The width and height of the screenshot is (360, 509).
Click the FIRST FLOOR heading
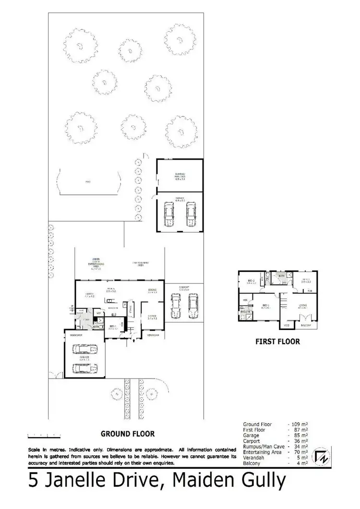click(x=278, y=342)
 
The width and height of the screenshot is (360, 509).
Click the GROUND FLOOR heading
click(x=127, y=433)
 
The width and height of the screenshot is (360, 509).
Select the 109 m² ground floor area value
click(x=298, y=425)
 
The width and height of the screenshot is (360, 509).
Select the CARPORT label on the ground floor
click(x=185, y=288)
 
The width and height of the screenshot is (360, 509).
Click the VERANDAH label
click(x=153, y=335)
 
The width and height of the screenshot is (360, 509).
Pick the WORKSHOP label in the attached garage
click(x=78, y=335)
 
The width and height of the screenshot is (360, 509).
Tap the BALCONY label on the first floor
click(x=306, y=326)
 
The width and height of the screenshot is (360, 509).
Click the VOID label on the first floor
click(x=287, y=326)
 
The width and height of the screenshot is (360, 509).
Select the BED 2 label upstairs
click(x=251, y=281)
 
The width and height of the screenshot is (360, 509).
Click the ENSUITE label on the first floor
click(x=246, y=311)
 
